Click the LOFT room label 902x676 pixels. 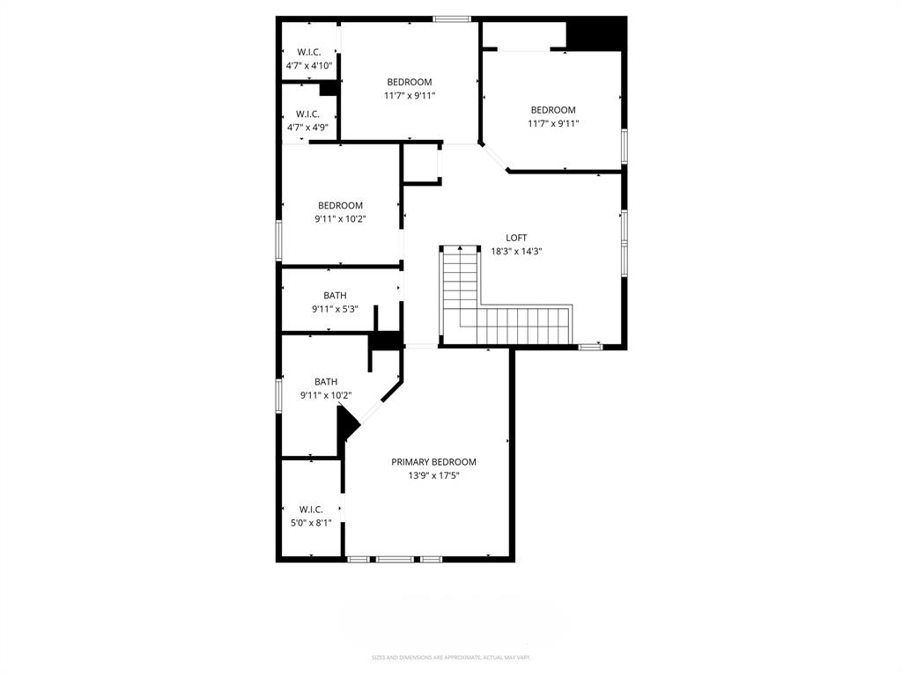point(516,238)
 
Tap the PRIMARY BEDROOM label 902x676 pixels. point(433,462)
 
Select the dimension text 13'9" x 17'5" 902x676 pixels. point(433,475)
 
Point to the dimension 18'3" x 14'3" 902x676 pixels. point(516,251)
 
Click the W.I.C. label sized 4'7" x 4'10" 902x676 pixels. point(308,52)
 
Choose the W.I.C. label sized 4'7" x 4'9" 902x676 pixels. point(307,114)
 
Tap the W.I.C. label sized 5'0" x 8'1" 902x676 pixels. point(311,509)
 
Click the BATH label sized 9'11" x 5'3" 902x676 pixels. point(335,296)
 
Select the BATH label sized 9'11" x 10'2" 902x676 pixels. point(326,381)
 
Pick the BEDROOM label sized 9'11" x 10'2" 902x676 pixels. point(340,205)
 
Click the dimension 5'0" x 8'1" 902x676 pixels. point(311,522)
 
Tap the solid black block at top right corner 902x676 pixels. point(595,34)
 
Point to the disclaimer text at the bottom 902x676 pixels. point(450,657)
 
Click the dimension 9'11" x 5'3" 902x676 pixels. point(335,309)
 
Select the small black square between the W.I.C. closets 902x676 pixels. point(328,88)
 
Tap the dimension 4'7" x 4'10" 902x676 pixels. point(308,66)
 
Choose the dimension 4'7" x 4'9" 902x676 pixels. point(307,128)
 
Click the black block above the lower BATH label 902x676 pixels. point(384,342)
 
